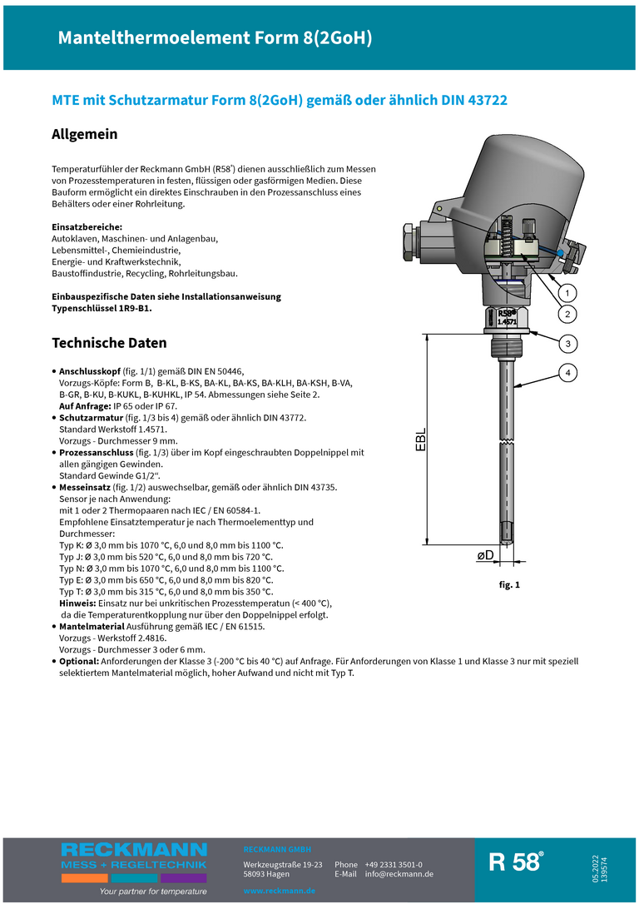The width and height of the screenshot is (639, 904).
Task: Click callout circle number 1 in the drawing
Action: [x=567, y=293]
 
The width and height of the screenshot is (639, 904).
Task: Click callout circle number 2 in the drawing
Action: [x=567, y=314]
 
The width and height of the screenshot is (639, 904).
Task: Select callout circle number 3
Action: [x=567, y=343]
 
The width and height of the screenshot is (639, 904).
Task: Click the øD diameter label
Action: [x=485, y=554]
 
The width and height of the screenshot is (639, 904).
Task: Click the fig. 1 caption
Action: [x=509, y=585]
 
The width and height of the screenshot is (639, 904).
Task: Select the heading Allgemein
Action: [x=85, y=134]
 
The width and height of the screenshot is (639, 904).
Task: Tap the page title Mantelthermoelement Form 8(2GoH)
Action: [x=215, y=37]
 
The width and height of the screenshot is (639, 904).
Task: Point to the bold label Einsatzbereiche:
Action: [x=87, y=227]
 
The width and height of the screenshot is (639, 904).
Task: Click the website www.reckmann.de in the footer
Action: [x=279, y=891]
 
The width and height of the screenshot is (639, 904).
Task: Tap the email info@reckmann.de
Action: [x=399, y=874]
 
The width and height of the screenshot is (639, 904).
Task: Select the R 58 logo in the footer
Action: [x=516, y=862]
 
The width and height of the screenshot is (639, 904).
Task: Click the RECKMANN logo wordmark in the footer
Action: [x=134, y=850]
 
